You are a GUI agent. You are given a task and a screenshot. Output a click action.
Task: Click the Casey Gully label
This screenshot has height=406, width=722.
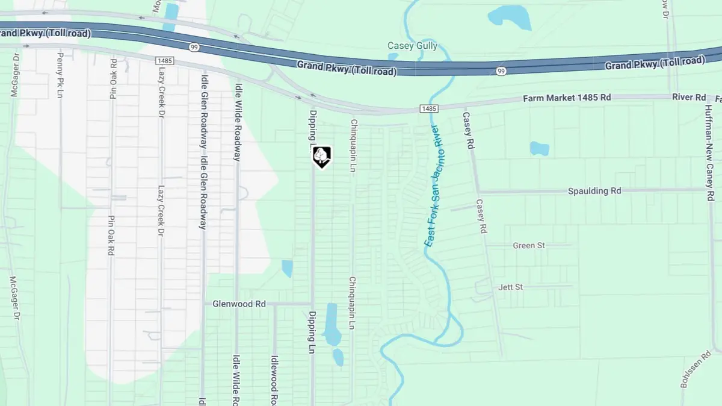click(x=412, y=46)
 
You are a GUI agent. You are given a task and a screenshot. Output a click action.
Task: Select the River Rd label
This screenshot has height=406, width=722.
click(x=688, y=98)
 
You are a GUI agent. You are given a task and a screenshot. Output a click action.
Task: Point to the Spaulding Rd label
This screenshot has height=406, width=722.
click(x=594, y=191)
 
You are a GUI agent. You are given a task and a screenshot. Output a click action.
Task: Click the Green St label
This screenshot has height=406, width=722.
click(x=529, y=246)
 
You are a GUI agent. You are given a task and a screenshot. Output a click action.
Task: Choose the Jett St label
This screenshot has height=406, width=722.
click(x=511, y=287)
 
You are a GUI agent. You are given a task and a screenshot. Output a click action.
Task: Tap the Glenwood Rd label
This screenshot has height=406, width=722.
click(x=239, y=304)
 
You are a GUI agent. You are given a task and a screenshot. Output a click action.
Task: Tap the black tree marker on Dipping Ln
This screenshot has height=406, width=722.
click(x=322, y=156)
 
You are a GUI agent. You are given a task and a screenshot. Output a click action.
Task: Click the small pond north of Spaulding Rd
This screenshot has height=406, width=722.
click(x=539, y=148)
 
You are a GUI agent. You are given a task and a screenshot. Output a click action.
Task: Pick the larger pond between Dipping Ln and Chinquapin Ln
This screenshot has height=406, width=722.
click(x=331, y=323)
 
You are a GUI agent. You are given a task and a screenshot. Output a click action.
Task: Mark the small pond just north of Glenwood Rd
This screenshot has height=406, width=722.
click(x=288, y=268)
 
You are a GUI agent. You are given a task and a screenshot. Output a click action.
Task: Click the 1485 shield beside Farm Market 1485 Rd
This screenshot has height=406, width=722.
click(x=428, y=108)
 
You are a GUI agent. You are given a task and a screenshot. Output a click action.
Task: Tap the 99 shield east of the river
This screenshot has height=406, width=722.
click(x=501, y=71)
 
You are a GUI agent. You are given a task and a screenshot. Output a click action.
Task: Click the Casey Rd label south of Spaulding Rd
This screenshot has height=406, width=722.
click(x=481, y=216)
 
